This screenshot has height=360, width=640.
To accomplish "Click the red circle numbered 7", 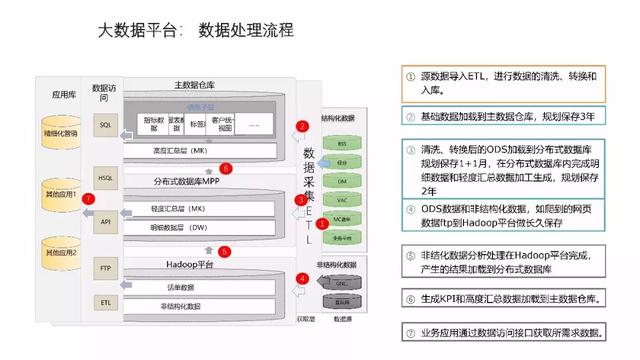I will pyautogui.click(x=89, y=199).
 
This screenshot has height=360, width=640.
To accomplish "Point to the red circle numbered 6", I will pyautogui.click(x=226, y=168).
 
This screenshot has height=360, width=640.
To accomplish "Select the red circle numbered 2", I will pyautogui.click(x=301, y=127).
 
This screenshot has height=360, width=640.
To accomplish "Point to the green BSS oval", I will pyautogui.click(x=342, y=144).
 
